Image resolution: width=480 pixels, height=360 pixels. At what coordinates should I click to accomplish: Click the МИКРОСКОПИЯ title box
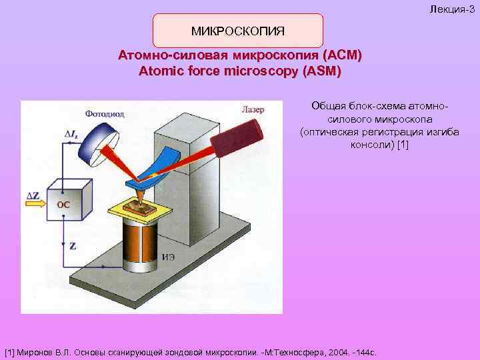[x=238, y=31]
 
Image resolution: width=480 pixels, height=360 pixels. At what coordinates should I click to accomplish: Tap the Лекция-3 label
[x=453, y=6]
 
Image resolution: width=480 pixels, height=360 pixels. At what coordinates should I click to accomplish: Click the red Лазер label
[x=253, y=108]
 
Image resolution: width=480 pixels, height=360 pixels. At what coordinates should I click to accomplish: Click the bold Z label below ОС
[x=72, y=246]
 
